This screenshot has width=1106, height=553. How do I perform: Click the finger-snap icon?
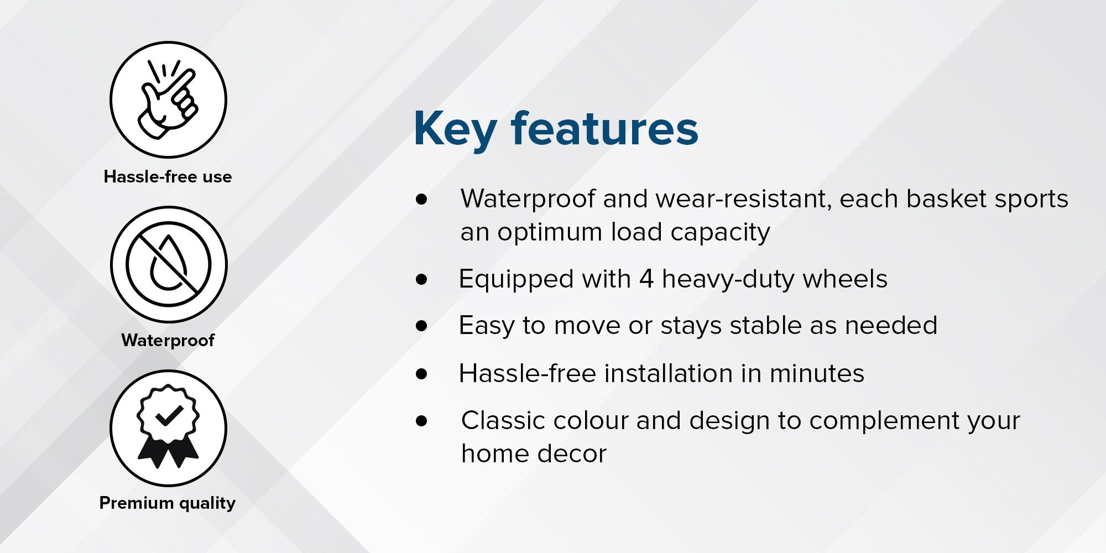point(168,100)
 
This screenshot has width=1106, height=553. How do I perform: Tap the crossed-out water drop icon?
point(169,264)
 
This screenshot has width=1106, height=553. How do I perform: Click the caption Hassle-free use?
point(168,177)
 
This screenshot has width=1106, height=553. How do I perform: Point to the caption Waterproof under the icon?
point(168,340)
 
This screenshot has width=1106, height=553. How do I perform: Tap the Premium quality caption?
point(168,503)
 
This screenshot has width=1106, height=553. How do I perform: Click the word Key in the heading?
point(455,131)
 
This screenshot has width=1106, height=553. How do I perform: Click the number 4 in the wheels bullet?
point(646,279)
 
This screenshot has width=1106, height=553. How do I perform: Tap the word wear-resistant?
point(717,199)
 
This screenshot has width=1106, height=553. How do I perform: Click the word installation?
point(669,373)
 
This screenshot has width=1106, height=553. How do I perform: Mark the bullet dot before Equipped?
point(422,279)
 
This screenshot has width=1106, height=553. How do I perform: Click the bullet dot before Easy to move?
point(422,326)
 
